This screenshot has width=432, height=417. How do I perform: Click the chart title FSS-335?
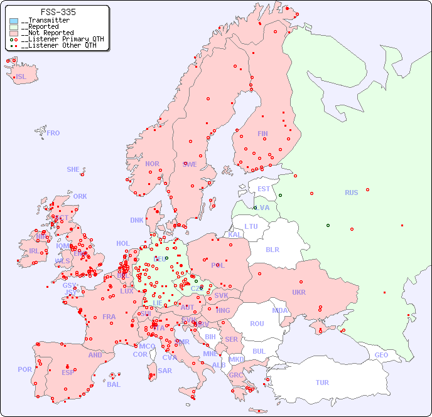coord(58,12)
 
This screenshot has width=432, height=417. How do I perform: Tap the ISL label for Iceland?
coord(21,77)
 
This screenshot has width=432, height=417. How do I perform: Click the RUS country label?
coord(351,193)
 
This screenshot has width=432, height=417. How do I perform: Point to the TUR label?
coord(322,383)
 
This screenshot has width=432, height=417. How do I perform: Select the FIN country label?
coord(262,134)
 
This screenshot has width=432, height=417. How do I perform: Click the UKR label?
coord(299,292)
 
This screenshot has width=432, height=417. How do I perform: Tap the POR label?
coord(24,369)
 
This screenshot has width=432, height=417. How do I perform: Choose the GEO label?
coord(381,355)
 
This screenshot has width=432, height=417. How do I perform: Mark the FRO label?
coord(53,133)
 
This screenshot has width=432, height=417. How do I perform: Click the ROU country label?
coord(257,324)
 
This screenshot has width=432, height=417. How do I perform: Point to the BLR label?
coord(272,249)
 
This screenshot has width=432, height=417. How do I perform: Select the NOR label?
coord(152,164)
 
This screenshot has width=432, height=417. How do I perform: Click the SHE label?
coord(73,169)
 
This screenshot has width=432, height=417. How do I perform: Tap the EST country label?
coord(264,189)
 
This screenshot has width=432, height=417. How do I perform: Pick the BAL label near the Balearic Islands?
coord(114,384)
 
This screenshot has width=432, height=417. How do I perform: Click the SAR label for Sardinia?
coord(165,371)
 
